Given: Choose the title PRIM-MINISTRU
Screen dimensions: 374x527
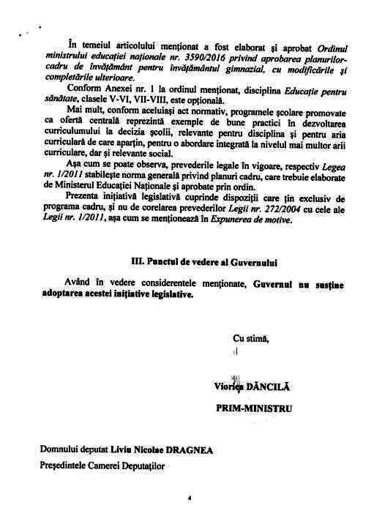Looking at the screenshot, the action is (x=253, y=408).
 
